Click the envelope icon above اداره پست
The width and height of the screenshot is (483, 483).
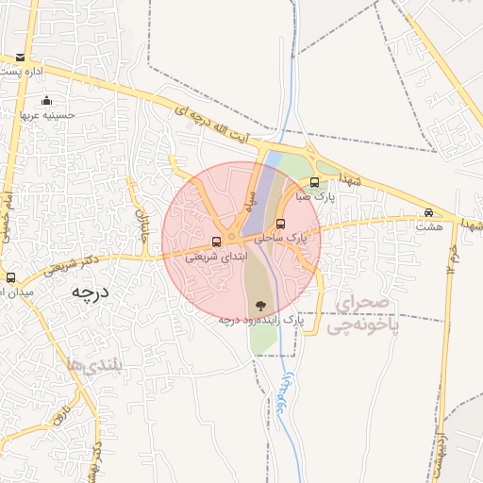22,58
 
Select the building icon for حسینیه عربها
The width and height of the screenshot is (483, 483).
47,101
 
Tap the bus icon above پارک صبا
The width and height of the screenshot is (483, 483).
315,183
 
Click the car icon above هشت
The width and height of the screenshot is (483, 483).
429,212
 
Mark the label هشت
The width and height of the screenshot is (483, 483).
429,226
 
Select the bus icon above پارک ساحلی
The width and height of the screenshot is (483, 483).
281,224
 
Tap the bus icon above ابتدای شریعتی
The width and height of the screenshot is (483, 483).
218,241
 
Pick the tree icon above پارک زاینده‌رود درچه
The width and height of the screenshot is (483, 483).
260,305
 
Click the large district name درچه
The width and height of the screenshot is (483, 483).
91,292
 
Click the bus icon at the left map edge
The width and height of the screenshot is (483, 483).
10,277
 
